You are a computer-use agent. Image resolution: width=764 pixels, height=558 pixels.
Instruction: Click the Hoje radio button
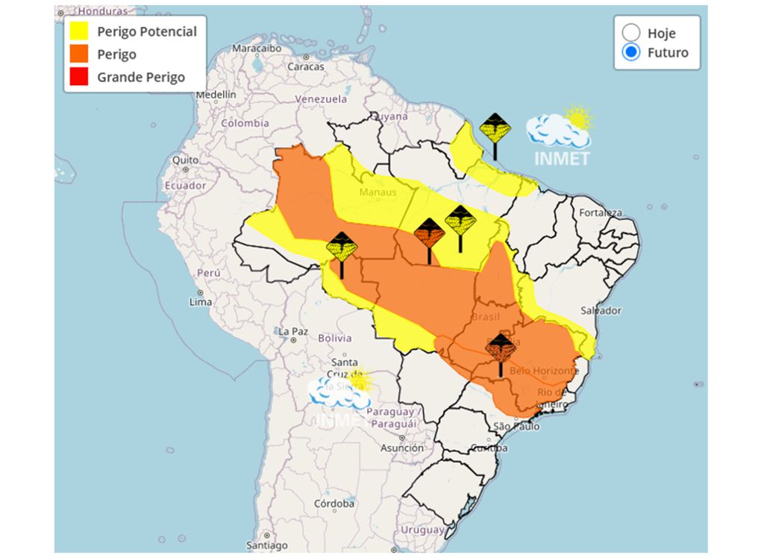pos(631,32)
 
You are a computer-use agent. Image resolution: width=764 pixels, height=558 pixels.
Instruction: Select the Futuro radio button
pos(631,52)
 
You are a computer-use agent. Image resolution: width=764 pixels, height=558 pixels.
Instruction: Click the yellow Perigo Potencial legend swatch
pos(79,31)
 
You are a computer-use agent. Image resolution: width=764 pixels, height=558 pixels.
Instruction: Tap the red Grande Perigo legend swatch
pos(79,77)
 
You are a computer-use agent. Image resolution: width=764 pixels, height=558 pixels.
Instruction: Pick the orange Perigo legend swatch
pos(79,54)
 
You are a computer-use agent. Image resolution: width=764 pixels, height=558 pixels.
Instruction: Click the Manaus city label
pos(377,192)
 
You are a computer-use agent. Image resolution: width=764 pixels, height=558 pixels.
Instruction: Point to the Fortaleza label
pos(601,213)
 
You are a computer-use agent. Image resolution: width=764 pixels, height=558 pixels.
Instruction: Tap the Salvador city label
pos(601,310)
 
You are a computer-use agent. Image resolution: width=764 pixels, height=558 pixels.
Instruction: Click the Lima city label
pos(200,302)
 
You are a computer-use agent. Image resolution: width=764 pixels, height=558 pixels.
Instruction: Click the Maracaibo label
pos(255,48)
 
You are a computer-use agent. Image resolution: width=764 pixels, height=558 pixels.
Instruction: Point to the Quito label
pos(185,160)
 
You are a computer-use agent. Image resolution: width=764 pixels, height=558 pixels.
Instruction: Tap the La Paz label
pos(292,330)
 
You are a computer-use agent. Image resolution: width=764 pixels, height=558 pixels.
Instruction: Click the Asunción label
pos(402,448)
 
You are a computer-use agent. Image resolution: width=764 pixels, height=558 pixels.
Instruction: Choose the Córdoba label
pos(334,504)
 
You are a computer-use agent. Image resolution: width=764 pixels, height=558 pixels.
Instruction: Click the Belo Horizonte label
pos(544,371)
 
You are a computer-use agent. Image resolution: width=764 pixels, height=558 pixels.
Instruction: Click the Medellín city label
pos(216,95)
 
